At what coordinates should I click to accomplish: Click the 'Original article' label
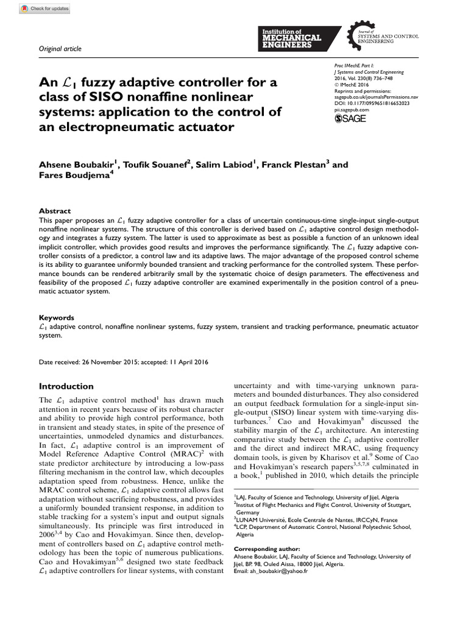(x=60, y=49)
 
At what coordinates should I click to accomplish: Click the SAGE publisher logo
(x=350, y=119)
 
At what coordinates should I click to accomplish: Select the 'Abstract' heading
(x=55, y=211)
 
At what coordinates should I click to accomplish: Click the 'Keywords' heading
(x=57, y=317)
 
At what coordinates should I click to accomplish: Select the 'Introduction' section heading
(x=66, y=386)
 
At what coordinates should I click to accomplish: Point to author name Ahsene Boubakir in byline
(x=76, y=165)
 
